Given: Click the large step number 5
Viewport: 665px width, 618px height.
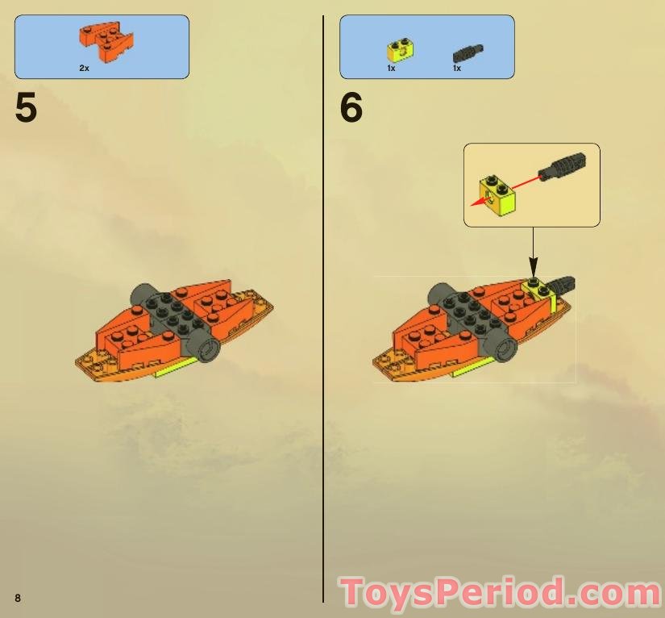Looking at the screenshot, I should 26,108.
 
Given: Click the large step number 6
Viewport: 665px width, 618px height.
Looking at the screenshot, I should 351,108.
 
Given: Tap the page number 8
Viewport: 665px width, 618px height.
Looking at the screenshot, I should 17,597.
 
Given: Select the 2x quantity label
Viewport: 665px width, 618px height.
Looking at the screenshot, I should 84,69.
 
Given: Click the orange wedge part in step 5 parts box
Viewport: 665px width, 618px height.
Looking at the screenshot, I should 106,41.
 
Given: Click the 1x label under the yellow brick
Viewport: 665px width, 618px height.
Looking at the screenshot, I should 391,69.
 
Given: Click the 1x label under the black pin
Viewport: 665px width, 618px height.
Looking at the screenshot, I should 456,69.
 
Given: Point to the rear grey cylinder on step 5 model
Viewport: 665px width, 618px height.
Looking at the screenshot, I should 143,294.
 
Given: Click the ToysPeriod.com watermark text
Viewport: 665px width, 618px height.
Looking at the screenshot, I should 501,594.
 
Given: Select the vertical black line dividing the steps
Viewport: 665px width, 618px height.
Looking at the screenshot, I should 323,307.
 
